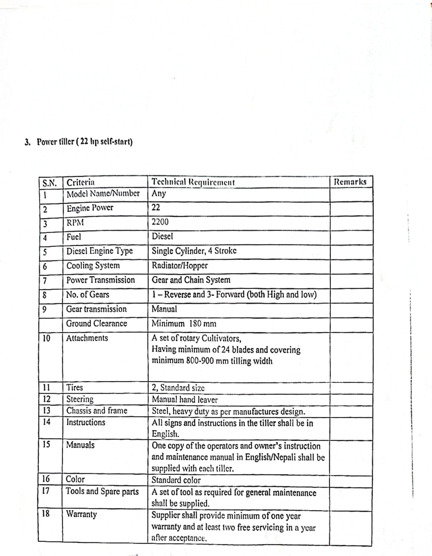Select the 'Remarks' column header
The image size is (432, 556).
[350, 182]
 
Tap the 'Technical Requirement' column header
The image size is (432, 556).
[193, 182]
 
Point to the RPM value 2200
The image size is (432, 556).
[160, 222]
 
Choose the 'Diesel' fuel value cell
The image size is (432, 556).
[162, 236]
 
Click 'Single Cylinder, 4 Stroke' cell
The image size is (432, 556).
[194, 251]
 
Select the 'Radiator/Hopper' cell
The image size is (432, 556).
[180, 265]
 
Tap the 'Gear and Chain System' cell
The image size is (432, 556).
[191, 280]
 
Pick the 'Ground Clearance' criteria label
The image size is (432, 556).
[97, 324]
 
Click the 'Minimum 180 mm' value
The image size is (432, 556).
[184, 324]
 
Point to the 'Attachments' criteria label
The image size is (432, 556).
[87, 338]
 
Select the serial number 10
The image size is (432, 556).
[46, 338]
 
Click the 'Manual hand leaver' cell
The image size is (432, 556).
[184, 400]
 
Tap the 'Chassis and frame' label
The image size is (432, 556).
[97, 411]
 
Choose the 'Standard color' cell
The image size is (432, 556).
[176, 480]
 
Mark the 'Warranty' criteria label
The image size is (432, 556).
[82, 514]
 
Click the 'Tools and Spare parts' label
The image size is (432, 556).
[102, 491]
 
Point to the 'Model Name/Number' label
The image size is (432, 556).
[103, 193]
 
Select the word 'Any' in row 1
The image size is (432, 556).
[159, 193]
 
